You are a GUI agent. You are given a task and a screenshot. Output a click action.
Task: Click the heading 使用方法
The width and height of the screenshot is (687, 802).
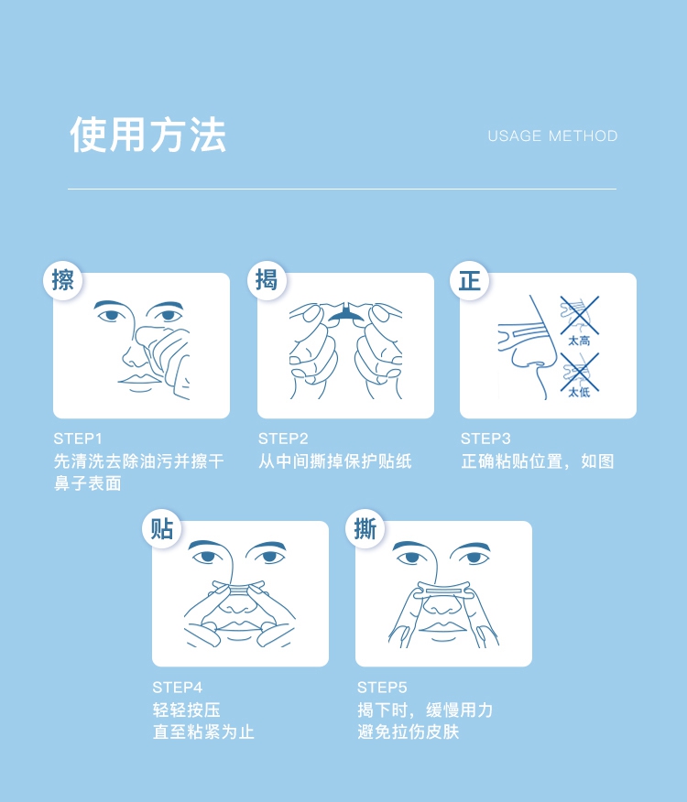[148, 135]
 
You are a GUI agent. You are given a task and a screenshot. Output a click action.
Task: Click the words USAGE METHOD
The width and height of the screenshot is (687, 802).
[552, 136]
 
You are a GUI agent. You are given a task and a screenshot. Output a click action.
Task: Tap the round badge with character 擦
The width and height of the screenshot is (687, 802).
[63, 280]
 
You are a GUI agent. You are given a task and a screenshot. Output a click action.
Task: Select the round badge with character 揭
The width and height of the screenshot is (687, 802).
[267, 280]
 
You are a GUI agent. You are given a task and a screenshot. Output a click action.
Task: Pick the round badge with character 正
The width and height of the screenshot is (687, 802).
[469, 280]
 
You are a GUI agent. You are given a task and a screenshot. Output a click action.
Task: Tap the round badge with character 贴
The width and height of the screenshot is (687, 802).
[162, 529]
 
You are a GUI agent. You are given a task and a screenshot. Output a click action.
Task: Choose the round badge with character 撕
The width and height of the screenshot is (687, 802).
[365, 529]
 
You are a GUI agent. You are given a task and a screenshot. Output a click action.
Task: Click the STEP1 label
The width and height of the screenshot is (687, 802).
[78, 439]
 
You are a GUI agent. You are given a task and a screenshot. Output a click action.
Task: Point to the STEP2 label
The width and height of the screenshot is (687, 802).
[283, 439]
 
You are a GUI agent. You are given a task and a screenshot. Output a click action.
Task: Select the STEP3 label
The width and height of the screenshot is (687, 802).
[485, 439]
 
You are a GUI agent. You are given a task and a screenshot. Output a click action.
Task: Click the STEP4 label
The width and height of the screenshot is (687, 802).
[177, 688]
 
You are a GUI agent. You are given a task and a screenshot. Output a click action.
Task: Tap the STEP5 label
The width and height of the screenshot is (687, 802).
[382, 688]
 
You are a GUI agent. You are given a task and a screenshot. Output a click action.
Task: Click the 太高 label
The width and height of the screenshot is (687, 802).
[579, 341]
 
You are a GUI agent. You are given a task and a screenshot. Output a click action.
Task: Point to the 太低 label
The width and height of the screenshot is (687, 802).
[579, 392]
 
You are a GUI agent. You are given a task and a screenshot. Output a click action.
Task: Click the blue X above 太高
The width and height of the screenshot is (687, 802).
[579, 315]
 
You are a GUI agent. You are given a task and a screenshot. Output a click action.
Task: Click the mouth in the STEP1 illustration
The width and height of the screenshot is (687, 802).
[139, 381]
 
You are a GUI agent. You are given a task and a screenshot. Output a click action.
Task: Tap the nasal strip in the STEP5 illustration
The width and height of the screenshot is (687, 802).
[442, 591]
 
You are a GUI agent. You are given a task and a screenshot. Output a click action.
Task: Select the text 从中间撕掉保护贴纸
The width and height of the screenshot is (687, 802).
[334, 461]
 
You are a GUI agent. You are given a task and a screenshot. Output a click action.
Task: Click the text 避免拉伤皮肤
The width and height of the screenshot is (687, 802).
[408, 732]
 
